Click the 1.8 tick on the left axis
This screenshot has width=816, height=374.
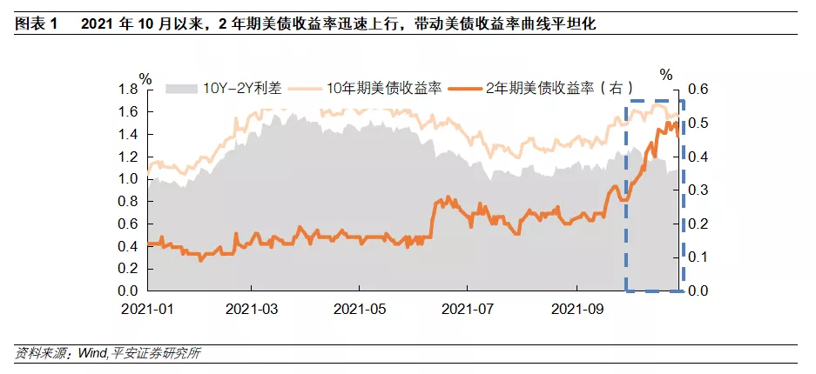pos(128,90)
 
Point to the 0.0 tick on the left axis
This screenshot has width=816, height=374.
pos(128,291)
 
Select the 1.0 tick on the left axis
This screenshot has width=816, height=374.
pos(128,179)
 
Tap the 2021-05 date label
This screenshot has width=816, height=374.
pos(359,309)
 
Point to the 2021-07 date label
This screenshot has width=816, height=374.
pos(467,309)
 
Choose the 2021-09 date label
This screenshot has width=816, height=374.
pos(577,309)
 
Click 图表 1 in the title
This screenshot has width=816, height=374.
pos(36,24)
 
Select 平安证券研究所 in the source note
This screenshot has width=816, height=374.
pos(152,353)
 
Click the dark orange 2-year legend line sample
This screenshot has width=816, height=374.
pos(466,88)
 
